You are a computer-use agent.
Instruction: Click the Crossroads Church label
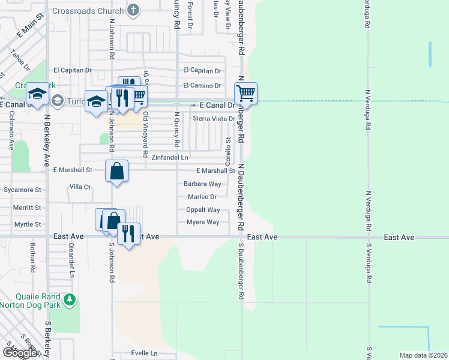click(88, 11)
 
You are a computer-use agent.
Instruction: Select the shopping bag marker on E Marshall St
click(117, 172)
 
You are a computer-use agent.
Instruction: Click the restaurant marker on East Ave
click(128, 234)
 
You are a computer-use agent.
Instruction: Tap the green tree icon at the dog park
click(70, 299)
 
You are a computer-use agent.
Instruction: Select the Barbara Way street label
click(202, 184)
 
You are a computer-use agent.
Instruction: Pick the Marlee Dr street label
click(202, 196)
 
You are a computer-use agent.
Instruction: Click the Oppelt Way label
click(203, 210)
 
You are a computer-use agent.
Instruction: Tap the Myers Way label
click(203, 222)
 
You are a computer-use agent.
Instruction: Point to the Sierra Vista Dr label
click(214, 119)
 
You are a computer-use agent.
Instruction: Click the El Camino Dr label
click(202, 85)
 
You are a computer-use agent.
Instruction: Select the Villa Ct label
click(79, 187)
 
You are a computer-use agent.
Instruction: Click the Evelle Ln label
click(144, 353)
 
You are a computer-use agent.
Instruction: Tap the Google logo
click(20, 353)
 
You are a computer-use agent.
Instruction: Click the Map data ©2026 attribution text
click(423, 355)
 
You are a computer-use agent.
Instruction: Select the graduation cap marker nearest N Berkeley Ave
click(37, 94)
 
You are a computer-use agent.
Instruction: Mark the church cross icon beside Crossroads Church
click(133, 11)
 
